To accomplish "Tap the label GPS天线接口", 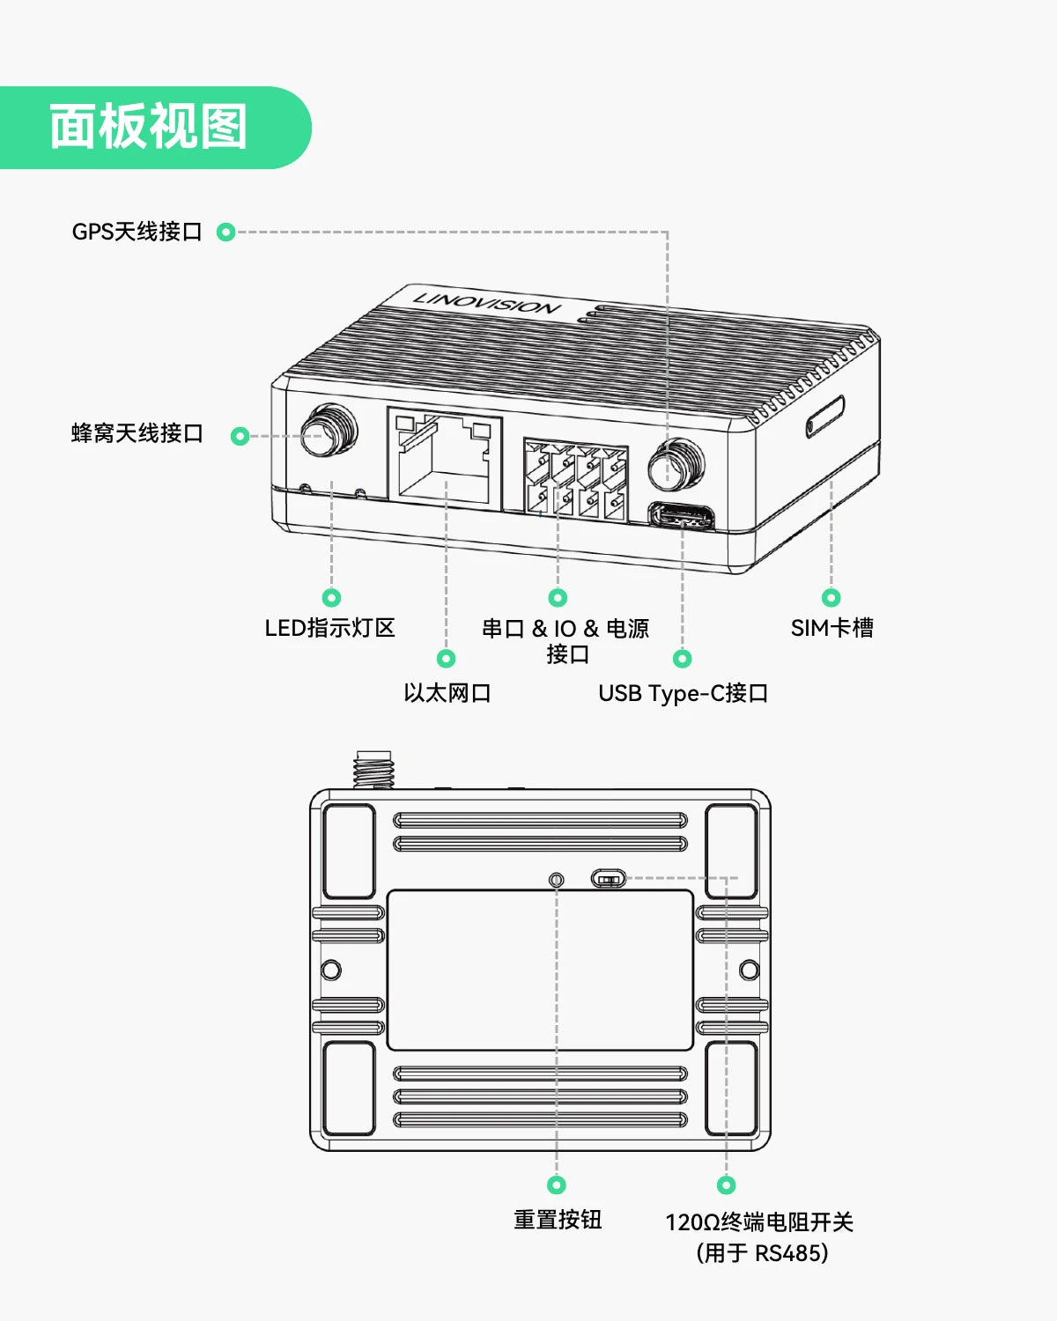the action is coord(137,232).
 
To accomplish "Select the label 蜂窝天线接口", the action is coord(137,433).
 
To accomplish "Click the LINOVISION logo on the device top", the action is coord(486,303).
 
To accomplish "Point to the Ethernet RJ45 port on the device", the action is coord(445,457).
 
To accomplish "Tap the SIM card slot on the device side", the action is coord(824,417).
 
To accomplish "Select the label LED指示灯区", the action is coord(329,628).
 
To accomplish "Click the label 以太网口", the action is coord(447,693).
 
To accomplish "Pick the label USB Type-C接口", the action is coord(683,693).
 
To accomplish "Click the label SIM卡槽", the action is coord(832,628).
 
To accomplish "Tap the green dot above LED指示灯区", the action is coord(332,597).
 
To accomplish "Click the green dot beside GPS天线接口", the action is coord(226,232).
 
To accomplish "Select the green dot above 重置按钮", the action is coord(557,1184).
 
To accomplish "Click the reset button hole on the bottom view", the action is coord(557,881).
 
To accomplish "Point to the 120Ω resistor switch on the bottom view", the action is coord(608,879).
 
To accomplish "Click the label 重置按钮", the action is coord(558,1220).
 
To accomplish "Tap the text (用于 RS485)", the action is coord(762,1253).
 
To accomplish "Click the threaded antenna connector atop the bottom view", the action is coord(374,769).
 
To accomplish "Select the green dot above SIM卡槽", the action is coord(831,597).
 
